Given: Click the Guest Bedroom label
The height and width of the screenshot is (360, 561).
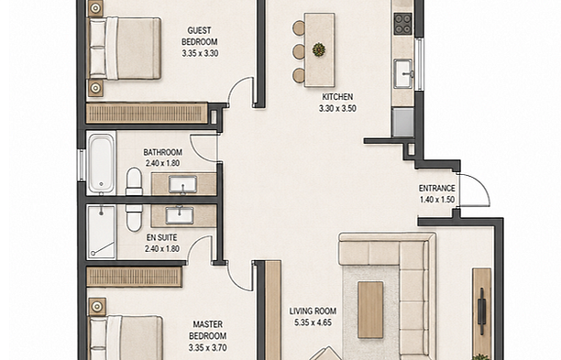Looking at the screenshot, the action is (x=199, y=36).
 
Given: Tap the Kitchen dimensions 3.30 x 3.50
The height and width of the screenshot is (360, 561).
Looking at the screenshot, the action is (x=337, y=108).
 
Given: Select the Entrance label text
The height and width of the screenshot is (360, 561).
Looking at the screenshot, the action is (x=437, y=188).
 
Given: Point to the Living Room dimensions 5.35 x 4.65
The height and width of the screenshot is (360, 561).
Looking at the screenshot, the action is (x=313, y=322).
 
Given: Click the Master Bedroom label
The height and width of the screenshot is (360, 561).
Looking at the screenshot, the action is (x=207, y=330).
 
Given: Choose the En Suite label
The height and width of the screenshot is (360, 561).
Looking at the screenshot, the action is (x=161, y=237).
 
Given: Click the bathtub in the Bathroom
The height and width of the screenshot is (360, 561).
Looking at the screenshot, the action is (x=101, y=163).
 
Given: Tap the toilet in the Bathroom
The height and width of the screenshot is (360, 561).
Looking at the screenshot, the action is (x=134, y=181).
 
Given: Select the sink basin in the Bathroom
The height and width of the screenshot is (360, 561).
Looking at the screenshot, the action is (x=182, y=184).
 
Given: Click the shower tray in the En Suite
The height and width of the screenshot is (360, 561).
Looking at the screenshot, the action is (x=101, y=232).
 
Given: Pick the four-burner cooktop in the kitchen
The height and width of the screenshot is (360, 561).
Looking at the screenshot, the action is (x=402, y=24).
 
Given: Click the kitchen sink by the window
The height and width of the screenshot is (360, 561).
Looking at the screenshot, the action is (x=403, y=73).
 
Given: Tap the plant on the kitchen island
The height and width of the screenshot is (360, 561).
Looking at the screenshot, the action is (x=318, y=49).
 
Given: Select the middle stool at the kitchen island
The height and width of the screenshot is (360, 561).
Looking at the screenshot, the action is (x=299, y=52).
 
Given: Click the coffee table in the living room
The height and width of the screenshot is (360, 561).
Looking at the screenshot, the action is (x=370, y=310).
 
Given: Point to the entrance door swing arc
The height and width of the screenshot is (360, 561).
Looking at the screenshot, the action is (x=482, y=184).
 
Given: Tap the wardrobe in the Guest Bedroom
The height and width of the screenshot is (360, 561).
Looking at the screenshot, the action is (x=147, y=114).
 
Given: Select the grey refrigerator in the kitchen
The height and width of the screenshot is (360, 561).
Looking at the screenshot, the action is (x=403, y=122).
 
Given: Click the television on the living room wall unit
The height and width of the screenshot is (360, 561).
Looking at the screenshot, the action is (x=481, y=311).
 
